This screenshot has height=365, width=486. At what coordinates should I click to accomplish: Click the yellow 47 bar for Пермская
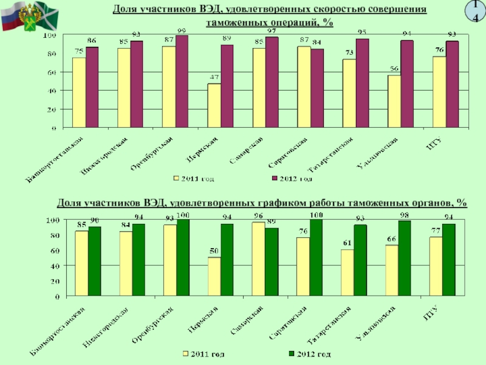[x=214, y=105]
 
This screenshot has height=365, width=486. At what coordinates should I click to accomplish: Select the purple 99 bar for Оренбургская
[x=182, y=82]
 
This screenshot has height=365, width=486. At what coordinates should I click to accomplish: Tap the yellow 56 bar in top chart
[x=394, y=101]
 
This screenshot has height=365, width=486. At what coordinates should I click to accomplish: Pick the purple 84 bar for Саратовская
[x=317, y=88]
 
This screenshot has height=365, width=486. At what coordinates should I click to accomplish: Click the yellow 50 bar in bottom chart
[x=214, y=277]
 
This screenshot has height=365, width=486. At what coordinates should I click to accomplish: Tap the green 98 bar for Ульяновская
[x=405, y=259]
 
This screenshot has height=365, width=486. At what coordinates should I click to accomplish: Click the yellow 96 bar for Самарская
[x=258, y=259]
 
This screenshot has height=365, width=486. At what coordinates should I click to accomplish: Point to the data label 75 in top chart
[x=79, y=52]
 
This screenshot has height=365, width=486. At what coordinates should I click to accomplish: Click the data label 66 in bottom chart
[x=392, y=239]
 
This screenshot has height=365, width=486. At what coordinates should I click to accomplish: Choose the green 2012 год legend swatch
[x=290, y=353]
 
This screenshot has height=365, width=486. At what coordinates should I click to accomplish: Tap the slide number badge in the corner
[x=475, y=10]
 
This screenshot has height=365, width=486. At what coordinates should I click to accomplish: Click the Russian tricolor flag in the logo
[x=11, y=22]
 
